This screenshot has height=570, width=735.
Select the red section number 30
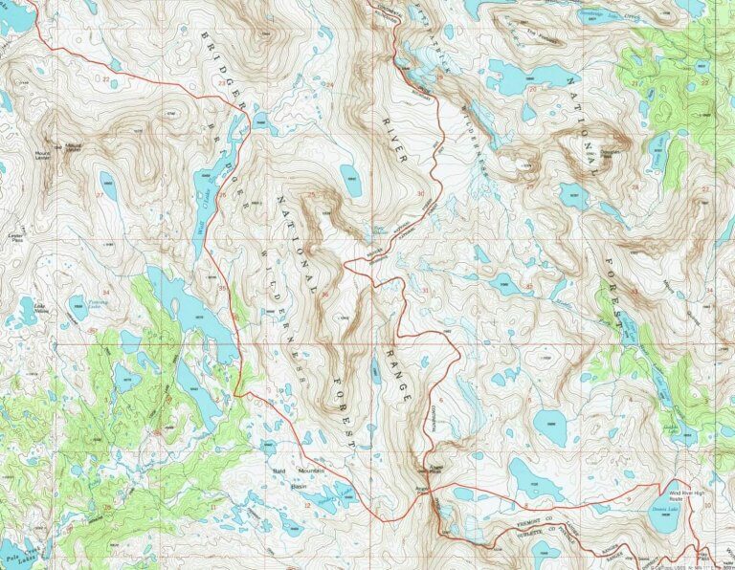[421, 194]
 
